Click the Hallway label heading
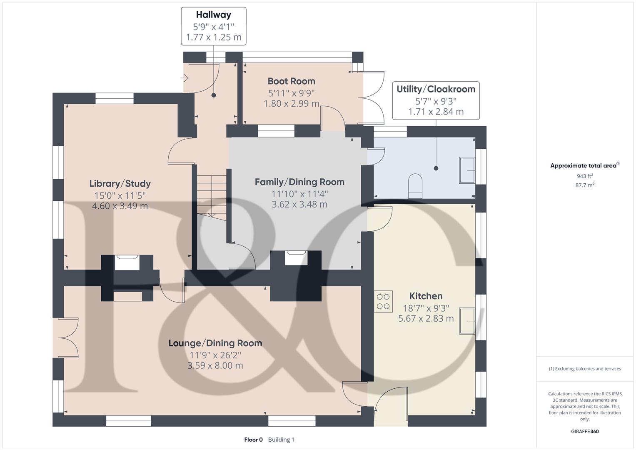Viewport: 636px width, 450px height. click(213, 15)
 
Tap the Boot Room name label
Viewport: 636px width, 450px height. click(291, 81)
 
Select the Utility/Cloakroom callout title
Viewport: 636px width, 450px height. click(436, 89)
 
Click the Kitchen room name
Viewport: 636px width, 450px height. click(426, 296)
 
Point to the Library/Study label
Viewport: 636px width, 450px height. click(120, 184)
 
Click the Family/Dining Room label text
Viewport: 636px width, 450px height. click(299, 182)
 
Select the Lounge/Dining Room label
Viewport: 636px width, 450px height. click(215, 343)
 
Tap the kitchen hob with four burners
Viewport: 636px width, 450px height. click(383, 302)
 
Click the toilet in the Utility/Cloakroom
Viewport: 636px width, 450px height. click(415, 186)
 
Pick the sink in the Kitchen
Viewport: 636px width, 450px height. click(467, 321)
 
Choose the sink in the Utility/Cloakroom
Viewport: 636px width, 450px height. click(467, 170)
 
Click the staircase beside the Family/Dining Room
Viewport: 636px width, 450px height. click(212, 196)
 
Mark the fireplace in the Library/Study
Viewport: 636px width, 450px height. click(127, 262)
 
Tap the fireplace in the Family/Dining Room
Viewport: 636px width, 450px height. click(296, 257)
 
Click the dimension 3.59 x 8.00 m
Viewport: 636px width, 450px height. click(215, 366)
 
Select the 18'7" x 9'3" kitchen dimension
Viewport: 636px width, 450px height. click(426, 308)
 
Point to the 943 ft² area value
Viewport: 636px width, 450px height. click(584, 176)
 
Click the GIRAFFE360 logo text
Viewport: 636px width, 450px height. click(584, 432)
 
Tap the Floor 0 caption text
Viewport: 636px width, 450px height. click(253, 440)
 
